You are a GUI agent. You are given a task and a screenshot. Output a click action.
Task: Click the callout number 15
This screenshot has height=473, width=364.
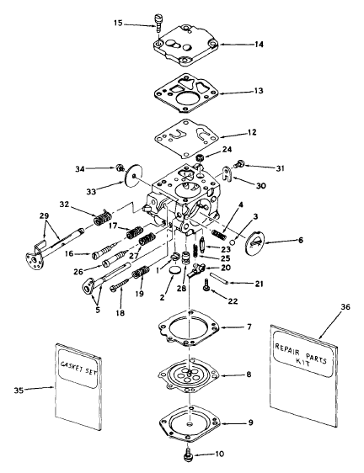tap(118, 23)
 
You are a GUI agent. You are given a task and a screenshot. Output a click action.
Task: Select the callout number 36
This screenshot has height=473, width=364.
tap(345, 307)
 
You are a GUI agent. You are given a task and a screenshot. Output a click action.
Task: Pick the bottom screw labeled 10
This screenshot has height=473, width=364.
tap(188, 455)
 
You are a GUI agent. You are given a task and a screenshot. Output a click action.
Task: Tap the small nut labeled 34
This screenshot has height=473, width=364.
tap(120, 167)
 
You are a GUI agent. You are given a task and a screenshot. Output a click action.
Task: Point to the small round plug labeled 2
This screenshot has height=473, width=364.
tap(174, 270)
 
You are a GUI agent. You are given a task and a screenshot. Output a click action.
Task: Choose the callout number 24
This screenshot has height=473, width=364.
tap(227, 150)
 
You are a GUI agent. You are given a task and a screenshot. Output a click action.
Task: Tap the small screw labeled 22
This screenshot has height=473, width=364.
tap(206, 285)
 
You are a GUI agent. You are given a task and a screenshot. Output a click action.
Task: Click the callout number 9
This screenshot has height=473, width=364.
tap(250, 423)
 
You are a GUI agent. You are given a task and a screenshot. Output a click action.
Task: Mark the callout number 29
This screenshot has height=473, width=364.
tap(44, 216)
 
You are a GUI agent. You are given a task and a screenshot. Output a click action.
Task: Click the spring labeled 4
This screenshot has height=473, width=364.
tap(219, 234)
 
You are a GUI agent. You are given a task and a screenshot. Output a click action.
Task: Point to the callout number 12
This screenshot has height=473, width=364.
tap(252, 132)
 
